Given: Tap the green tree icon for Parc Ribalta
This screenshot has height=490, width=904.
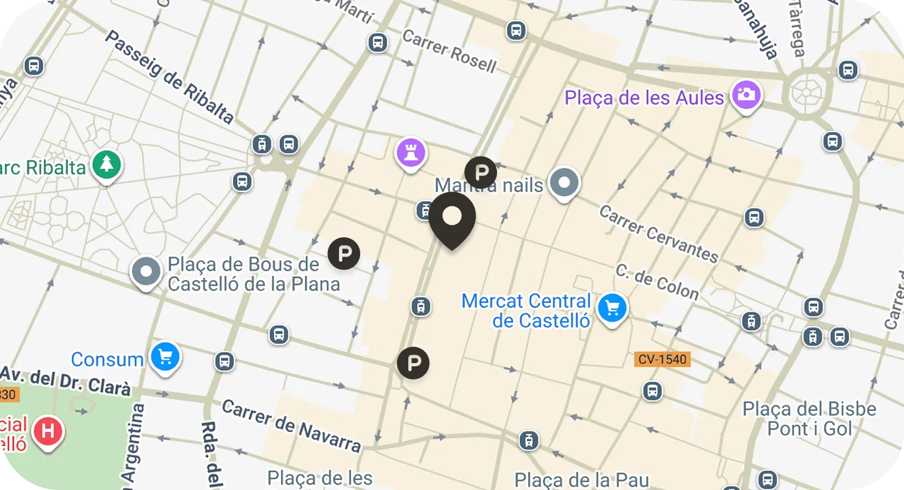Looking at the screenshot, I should click(107, 164).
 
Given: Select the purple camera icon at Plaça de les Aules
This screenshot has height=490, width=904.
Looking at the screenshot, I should click(745, 95).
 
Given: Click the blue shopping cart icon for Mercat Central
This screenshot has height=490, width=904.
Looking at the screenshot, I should click(612, 308).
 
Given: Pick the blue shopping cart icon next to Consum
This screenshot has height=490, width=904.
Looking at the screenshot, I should click(165, 357).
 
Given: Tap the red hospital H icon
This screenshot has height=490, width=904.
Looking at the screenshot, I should click(48, 432).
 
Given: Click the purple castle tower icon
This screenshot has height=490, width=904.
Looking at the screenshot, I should click(411, 154).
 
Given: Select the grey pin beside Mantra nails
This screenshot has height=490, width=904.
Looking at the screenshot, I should click(564, 182).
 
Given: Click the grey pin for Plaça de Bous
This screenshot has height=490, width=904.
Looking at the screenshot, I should click(146, 271).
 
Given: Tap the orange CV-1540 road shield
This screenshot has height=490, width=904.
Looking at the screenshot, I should click(662, 359).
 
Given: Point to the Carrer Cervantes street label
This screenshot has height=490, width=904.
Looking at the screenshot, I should click(658, 234).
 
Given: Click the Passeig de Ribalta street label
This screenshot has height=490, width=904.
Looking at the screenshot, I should click(169, 77).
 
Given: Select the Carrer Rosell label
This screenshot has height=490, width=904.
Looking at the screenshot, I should click(449, 51).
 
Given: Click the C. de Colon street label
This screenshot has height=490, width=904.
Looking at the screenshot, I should click(656, 281).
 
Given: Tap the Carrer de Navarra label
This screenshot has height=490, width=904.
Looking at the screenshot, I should click(291, 426).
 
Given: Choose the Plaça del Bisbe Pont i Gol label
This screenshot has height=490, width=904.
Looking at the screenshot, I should click(809, 418).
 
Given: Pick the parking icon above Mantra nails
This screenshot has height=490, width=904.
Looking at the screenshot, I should click(481, 172).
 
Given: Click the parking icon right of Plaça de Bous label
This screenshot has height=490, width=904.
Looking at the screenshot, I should click(344, 253).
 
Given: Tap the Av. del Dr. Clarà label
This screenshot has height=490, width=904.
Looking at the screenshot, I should click(66, 382).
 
